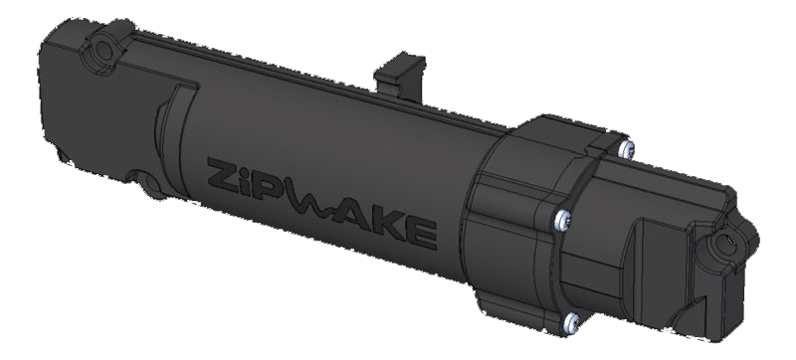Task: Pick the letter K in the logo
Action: tap(390, 227)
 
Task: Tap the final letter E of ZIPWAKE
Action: tap(421, 235)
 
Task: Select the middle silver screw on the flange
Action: tap(562, 220)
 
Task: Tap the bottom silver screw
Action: tap(571, 321)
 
